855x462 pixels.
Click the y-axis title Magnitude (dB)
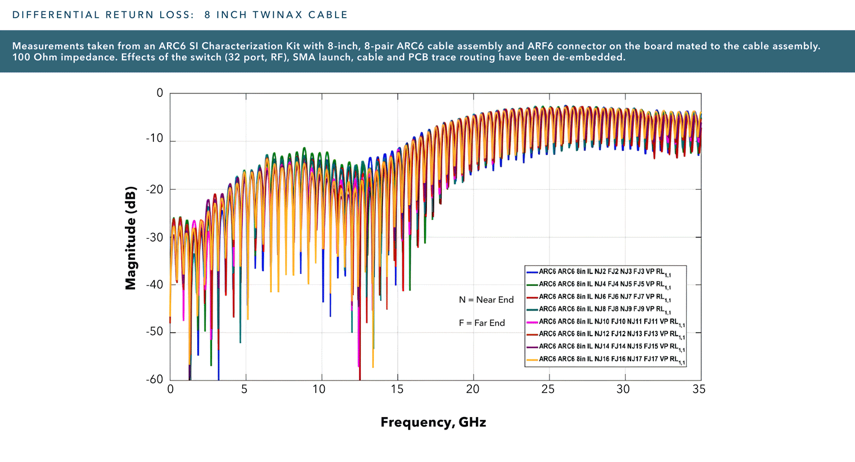pyautogui.click(x=131, y=238)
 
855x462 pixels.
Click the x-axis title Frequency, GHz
pyautogui.click(x=433, y=423)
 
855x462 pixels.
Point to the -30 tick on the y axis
pyautogui.click(x=154, y=237)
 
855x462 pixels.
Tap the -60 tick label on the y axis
pyautogui.click(x=154, y=380)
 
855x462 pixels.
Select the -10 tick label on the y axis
pyautogui.click(x=154, y=141)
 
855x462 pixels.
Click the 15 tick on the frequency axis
pyautogui.click(x=397, y=390)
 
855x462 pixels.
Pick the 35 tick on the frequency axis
pyautogui.click(x=701, y=390)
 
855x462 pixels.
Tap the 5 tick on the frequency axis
pyautogui.click(x=246, y=390)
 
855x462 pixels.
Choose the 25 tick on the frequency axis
pyautogui.click(x=549, y=390)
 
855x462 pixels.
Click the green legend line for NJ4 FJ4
pyautogui.click(x=532, y=284)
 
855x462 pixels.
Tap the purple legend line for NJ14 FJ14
pyautogui.click(x=532, y=347)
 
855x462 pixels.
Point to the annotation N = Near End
pyautogui.click(x=486, y=300)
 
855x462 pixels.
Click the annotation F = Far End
pyautogui.click(x=482, y=323)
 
